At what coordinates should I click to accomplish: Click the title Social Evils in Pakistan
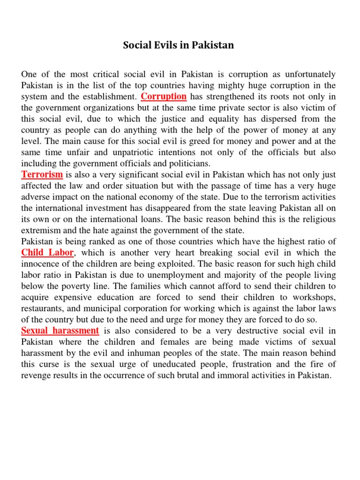tap(178, 45)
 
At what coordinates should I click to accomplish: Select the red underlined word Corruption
tap(164, 97)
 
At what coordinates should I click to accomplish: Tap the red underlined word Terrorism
tap(42, 174)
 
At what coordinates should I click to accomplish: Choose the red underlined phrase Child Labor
tap(47, 253)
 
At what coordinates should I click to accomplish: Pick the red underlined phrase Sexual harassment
tap(60, 330)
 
